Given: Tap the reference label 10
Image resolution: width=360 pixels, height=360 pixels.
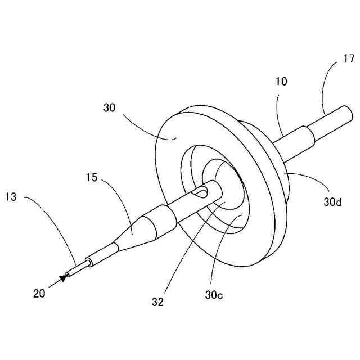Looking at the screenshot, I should point(281,81).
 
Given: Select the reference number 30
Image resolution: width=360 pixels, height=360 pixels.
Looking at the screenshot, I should point(109,108).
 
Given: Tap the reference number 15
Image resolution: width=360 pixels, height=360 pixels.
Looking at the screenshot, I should point(92,178).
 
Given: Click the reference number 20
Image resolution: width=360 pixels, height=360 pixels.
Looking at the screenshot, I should point(39,292).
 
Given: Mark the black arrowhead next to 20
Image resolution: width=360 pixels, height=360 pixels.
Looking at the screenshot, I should point(62,278).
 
